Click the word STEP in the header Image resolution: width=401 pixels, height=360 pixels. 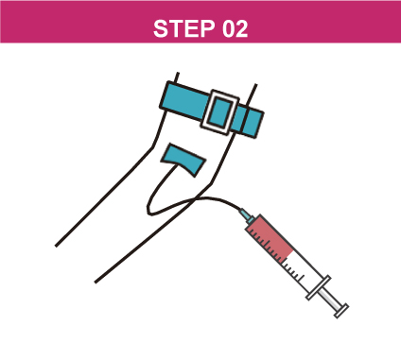183,28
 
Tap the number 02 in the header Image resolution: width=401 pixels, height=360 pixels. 235,28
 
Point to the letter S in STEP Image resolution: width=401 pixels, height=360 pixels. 161,28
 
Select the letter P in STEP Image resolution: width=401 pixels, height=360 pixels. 207,28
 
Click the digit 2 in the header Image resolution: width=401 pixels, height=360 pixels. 242,28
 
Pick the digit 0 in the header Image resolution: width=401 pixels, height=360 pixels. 229,28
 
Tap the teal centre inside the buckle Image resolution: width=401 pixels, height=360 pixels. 220,112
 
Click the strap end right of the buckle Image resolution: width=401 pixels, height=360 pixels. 249,121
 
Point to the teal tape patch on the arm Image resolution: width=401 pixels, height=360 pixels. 183,160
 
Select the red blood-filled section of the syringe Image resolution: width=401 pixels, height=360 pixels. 270,239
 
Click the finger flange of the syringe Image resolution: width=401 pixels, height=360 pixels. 319,287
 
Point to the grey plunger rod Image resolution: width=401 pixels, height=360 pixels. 330,299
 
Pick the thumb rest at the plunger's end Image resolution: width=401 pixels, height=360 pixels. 341,311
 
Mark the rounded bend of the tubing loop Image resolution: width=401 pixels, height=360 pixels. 149,210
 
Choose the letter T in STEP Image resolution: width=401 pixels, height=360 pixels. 176,28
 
